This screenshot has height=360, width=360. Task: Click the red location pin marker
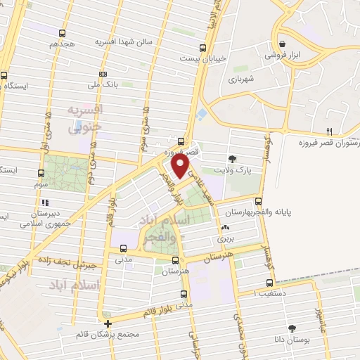click(x=180, y=167)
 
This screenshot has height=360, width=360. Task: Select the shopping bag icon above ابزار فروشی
click(x=281, y=42)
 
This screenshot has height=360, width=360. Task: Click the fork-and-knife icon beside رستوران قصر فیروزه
click(x=329, y=131)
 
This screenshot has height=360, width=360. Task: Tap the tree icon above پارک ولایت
click(x=233, y=158)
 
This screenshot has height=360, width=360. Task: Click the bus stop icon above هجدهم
click(x=63, y=33)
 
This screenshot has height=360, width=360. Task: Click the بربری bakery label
click(x=224, y=239)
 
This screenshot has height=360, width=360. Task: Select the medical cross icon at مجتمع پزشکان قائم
click(x=107, y=324)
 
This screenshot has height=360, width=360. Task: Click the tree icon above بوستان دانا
click(x=293, y=329)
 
